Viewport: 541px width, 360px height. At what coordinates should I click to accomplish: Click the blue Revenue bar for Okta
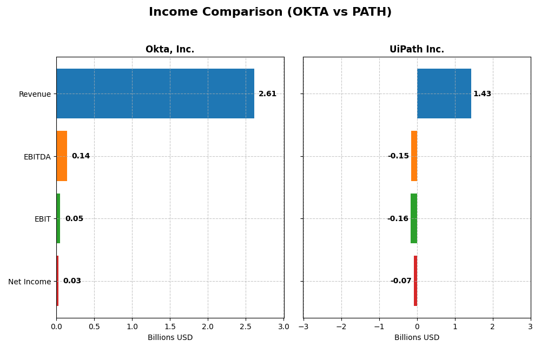click(155, 94)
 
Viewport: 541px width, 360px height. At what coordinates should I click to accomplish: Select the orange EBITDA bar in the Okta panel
click(62, 156)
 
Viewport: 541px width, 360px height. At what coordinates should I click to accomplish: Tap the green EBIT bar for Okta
click(58, 218)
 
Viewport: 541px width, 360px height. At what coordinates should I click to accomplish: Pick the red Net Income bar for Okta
click(57, 281)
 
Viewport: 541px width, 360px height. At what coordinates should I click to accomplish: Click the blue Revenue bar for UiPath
click(444, 94)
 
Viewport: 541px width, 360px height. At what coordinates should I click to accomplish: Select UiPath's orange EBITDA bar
click(414, 156)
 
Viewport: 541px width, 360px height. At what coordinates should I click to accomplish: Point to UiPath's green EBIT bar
click(414, 218)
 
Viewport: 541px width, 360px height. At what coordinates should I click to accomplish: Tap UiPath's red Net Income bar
click(415, 281)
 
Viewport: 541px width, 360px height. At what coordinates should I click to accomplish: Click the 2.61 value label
click(267, 94)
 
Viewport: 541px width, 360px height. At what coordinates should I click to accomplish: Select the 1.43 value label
click(482, 94)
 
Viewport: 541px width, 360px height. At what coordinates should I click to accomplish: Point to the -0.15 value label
click(398, 156)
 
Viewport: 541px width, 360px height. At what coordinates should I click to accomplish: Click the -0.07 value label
click(401, 281)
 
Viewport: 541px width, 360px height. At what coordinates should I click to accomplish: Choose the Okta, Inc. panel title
click(170, 50)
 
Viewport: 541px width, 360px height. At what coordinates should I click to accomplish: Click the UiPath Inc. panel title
click(417, 50)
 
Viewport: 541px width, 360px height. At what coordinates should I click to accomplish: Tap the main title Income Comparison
click(270, 12)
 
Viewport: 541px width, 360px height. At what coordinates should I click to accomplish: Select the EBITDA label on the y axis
click(37, 157)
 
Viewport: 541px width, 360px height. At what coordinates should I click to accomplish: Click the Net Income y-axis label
click(29, 282)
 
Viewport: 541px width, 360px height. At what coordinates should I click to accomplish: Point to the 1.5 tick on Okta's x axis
click(170, 326)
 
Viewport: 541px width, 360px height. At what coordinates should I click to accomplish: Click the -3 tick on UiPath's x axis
click(303, 326)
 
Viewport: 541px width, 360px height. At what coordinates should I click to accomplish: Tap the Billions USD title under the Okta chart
click(170, 338)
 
